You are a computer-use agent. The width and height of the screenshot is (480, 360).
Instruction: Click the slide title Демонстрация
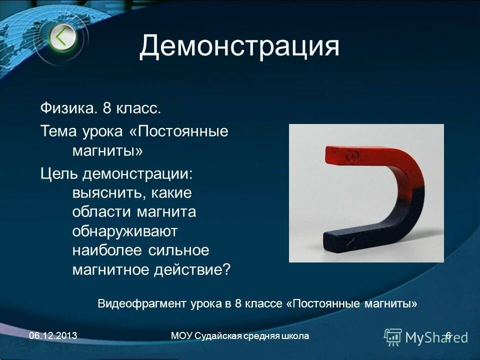[239, 46]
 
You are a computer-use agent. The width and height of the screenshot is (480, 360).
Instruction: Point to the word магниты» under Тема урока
[107, 150]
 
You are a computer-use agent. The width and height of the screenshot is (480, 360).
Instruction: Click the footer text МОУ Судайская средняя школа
[239, 336]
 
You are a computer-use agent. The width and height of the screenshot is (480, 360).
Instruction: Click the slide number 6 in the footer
[448, 336]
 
